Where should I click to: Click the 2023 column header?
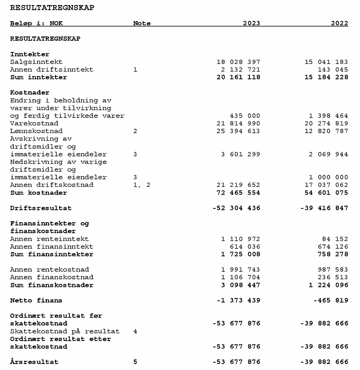click(251, 23)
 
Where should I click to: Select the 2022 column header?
click(339, 23)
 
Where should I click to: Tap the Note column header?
click(142, 23)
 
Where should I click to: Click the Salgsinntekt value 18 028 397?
click(238, 62)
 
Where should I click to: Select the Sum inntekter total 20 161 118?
click(238, 77)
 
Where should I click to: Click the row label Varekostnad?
click(34, 123)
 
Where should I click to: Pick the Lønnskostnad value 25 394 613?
click(238, 131)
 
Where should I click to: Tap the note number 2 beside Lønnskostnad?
click(135, 131)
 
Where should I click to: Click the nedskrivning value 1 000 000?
click(328, 177)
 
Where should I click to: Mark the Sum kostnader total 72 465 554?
click(238, 193)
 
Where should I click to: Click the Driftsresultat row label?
click(41, 208)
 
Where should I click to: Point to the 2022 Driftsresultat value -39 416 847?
click(324, 208)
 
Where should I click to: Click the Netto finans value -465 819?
click(331, 300)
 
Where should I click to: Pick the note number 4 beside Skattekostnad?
click(135, 331)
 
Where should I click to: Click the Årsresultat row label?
click(34, 362)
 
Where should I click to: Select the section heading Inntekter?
click(29, 54)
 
